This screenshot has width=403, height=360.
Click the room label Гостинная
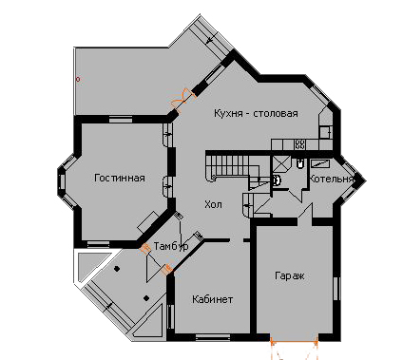(x=120, y=178)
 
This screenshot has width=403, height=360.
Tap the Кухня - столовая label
(x=256, y=113)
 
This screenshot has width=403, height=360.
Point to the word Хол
(x=213, y=204)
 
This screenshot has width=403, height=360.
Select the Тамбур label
(x=171, y=246)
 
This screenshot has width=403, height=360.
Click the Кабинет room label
(x=213, y=299)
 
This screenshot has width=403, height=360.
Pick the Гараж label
(x=290, y=275)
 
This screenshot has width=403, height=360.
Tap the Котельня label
(x=331, y=179)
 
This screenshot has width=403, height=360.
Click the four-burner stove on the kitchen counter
(x=300, y=144)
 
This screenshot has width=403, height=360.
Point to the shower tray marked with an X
(x=280, y=164)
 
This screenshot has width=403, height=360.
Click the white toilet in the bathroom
(x=277, y=180)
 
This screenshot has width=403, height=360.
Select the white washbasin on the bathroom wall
(x=299, y=163)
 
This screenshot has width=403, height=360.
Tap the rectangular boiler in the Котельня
(x=320, y=163)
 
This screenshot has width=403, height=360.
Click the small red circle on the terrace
(x=78, y=79)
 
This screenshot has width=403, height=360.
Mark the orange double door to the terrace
(x=182, y=100)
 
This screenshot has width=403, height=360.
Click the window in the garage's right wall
(x=337, y=288)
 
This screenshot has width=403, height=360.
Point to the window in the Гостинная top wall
(x=121, y=120)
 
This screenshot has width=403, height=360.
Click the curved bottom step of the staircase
(x=210, y=178)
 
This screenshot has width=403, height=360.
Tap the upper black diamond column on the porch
(x=117, y=269)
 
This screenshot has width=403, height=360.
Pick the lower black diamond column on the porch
(x=146, y=298)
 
